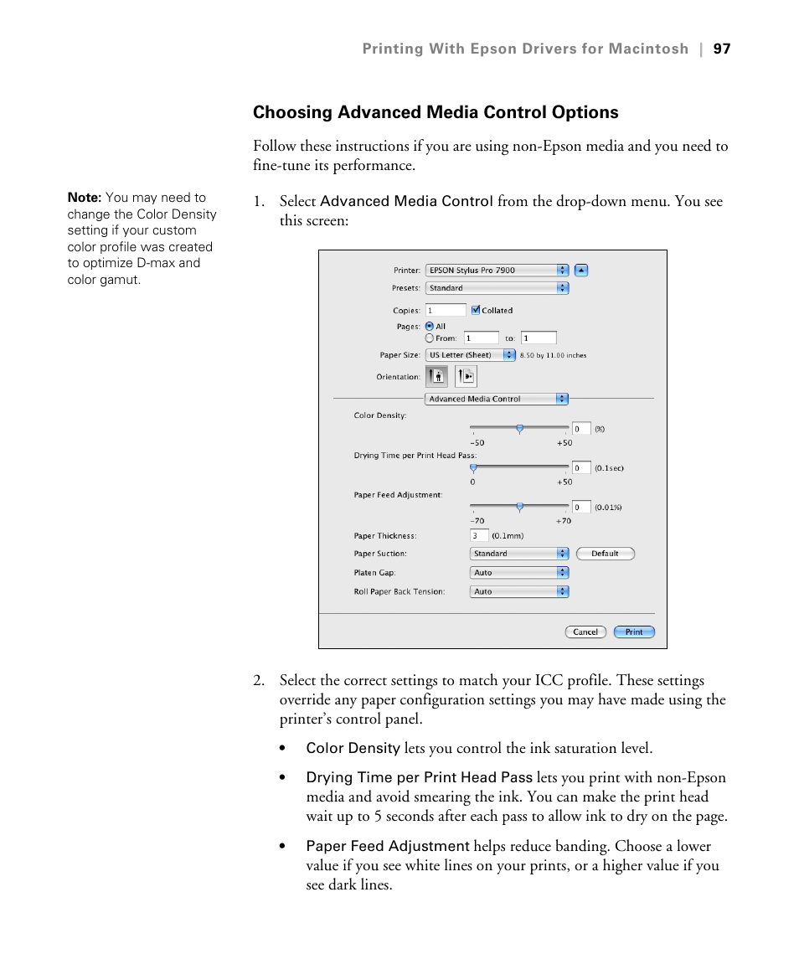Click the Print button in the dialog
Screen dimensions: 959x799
(x=634, y=632)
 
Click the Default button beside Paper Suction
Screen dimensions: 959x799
(x=605, y=554)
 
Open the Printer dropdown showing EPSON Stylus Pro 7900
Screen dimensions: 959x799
(x=497, y=271)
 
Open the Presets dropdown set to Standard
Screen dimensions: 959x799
(x=497, y=288)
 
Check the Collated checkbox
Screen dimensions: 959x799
(x=475, y=310)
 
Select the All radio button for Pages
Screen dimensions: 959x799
(x=430, y=327)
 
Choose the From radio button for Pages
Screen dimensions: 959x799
(x=430, y=338)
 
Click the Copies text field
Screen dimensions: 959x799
(x=446, y=311)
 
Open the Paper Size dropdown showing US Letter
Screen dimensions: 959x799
(x=471, y=355)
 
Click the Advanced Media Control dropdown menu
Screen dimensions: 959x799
(x=497, y=400)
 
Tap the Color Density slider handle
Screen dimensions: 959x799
(x=519, y=428)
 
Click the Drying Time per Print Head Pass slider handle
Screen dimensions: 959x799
(x=473, y=467)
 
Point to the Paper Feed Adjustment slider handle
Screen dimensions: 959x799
(x=519, y=507)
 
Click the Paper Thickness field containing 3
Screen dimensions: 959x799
(x=479, y=536)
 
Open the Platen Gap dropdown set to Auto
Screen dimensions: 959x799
(x=519, y=573)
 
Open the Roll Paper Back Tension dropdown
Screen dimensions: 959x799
(x=519, y=591)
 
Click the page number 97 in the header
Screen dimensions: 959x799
(x=722, y=49)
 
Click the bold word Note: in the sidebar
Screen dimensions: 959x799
(x=84, y=198)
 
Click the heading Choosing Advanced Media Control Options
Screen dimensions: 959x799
(x=436, y=112)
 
